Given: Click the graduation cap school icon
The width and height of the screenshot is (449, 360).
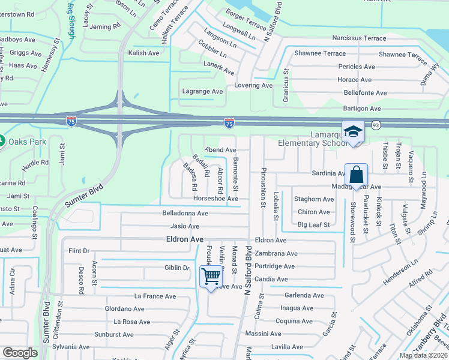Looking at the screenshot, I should [354, 131].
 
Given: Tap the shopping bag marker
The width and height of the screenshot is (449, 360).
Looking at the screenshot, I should [356, 175].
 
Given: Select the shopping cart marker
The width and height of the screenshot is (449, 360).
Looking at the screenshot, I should [211, 277].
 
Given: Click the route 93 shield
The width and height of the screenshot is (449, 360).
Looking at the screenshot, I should [375, 125].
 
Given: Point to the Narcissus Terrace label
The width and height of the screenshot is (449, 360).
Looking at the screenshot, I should [359, 38].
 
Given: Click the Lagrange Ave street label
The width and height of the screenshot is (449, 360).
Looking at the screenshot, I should [202, 91].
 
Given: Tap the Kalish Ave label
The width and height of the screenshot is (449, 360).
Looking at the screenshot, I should [143, 53].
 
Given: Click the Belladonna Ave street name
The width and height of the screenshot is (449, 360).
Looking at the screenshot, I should [185, 213].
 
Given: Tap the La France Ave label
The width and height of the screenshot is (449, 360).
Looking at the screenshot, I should [155, 296].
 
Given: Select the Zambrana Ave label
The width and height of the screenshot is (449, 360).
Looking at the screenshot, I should [276, 253].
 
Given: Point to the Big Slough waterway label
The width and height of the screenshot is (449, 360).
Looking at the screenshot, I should [71, 22].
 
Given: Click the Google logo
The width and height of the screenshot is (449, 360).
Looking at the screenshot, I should [20, 353].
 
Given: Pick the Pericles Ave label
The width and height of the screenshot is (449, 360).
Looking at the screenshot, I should [356, 67].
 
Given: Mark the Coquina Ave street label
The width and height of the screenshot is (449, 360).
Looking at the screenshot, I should [294, 320].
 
